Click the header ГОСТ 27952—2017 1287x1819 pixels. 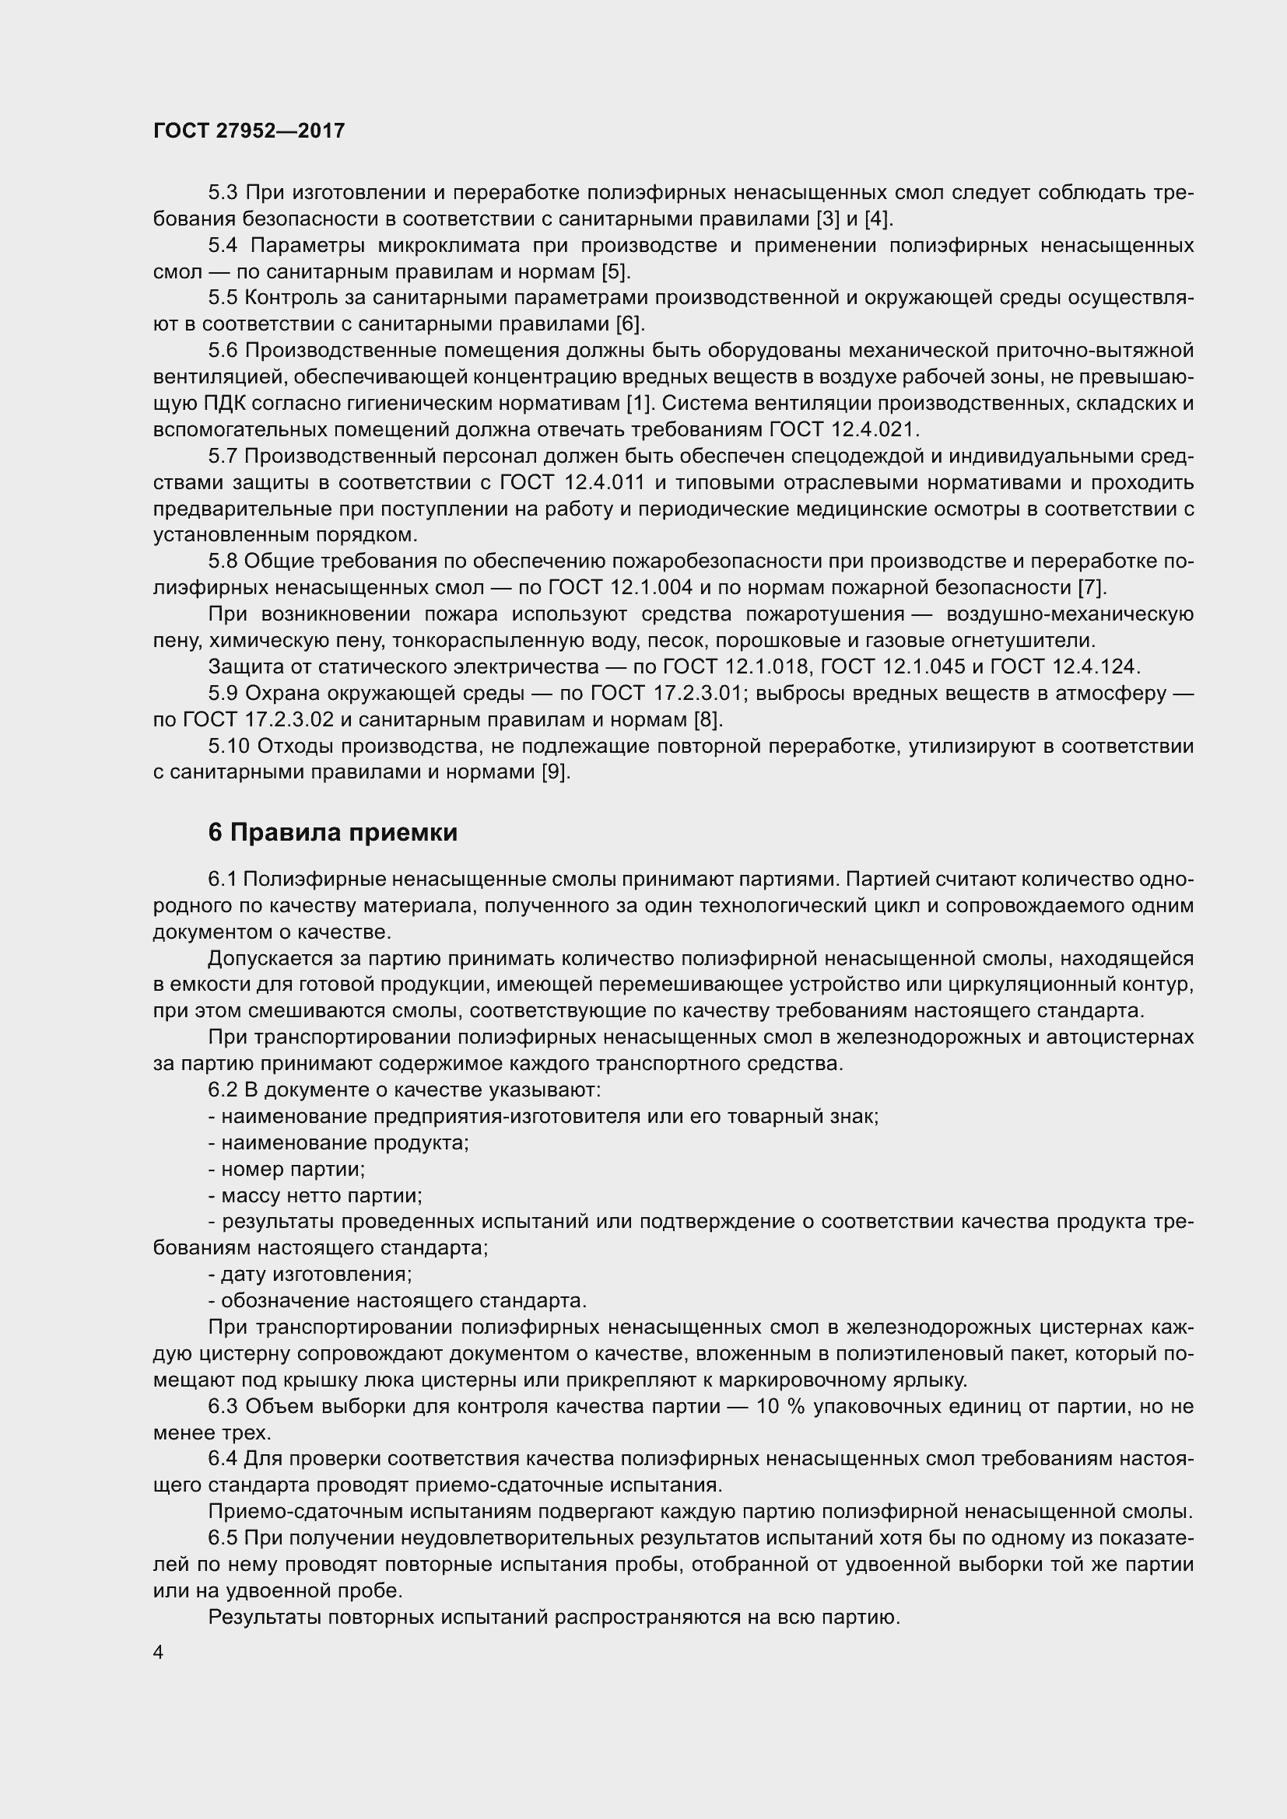pos(249,131)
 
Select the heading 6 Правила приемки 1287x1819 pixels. pos(333,833)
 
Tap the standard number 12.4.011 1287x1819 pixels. pos(605,482)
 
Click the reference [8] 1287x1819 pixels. pos(707,719)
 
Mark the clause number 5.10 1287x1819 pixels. pos(229,747)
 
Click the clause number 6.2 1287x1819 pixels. pos(223,1090)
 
